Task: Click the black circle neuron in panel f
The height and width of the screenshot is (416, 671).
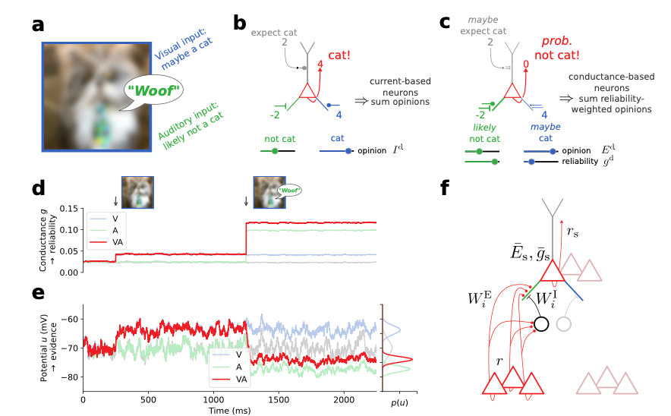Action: (x=541, y=323)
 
